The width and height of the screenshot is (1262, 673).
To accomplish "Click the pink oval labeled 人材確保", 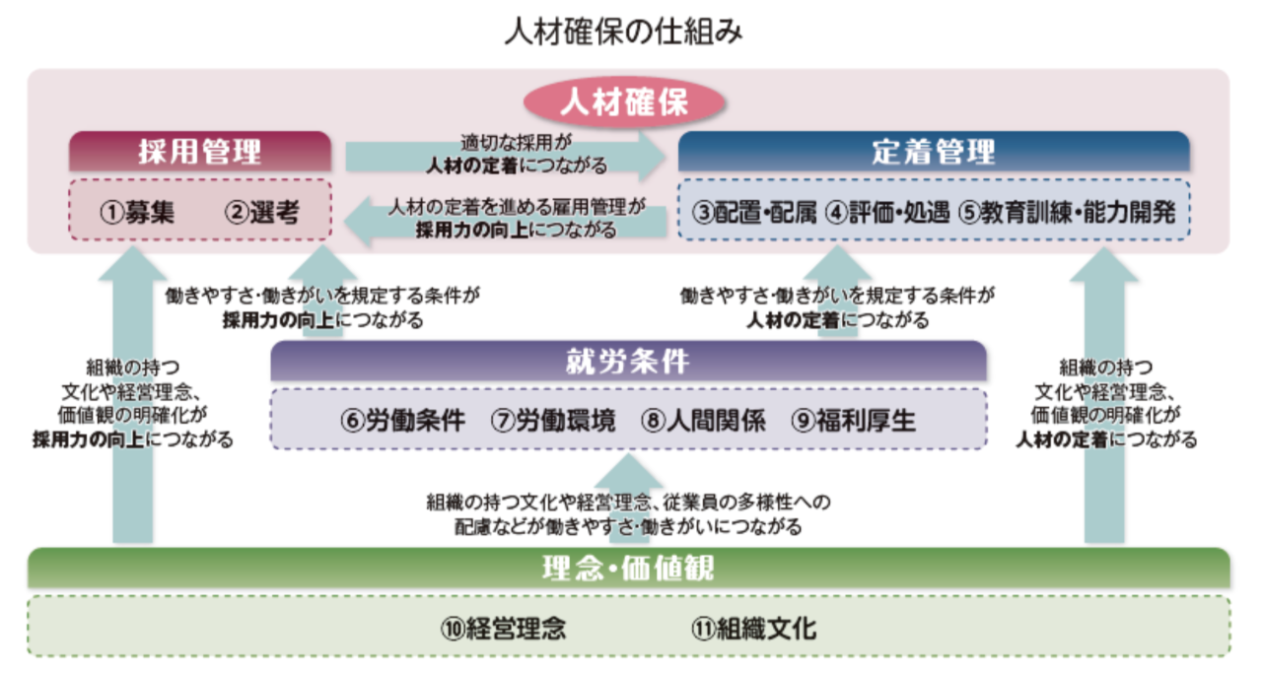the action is [624, 102].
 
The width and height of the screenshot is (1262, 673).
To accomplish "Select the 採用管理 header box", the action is [200, 151].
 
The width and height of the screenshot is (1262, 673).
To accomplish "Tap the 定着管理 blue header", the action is [934, 151].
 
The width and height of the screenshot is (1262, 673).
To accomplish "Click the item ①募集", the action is [137, 212].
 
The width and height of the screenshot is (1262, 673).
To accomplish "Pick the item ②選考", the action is [262, 212].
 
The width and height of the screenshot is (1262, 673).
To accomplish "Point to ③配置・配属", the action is [754, 212].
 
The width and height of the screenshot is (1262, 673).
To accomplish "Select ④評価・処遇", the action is [888, 212].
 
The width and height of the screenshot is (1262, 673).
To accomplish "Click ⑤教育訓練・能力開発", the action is [1068, 212].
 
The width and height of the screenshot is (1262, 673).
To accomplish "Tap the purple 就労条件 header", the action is [628, 361].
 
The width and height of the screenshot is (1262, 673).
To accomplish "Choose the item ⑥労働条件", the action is [403, 420].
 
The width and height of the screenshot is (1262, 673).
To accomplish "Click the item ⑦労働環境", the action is [553, 420].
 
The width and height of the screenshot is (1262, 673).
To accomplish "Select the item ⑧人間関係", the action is [704, 420].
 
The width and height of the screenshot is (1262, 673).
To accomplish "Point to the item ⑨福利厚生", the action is [854, 420].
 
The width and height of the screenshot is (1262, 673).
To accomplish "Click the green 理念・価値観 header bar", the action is [628, 568].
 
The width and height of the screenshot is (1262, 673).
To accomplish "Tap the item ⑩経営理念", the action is [504, 629].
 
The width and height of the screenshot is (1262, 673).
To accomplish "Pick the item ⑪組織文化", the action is [754, 629].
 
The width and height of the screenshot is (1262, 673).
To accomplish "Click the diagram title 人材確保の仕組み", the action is [624, 32].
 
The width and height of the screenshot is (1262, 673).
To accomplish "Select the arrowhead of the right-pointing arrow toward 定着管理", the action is [653, 156].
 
